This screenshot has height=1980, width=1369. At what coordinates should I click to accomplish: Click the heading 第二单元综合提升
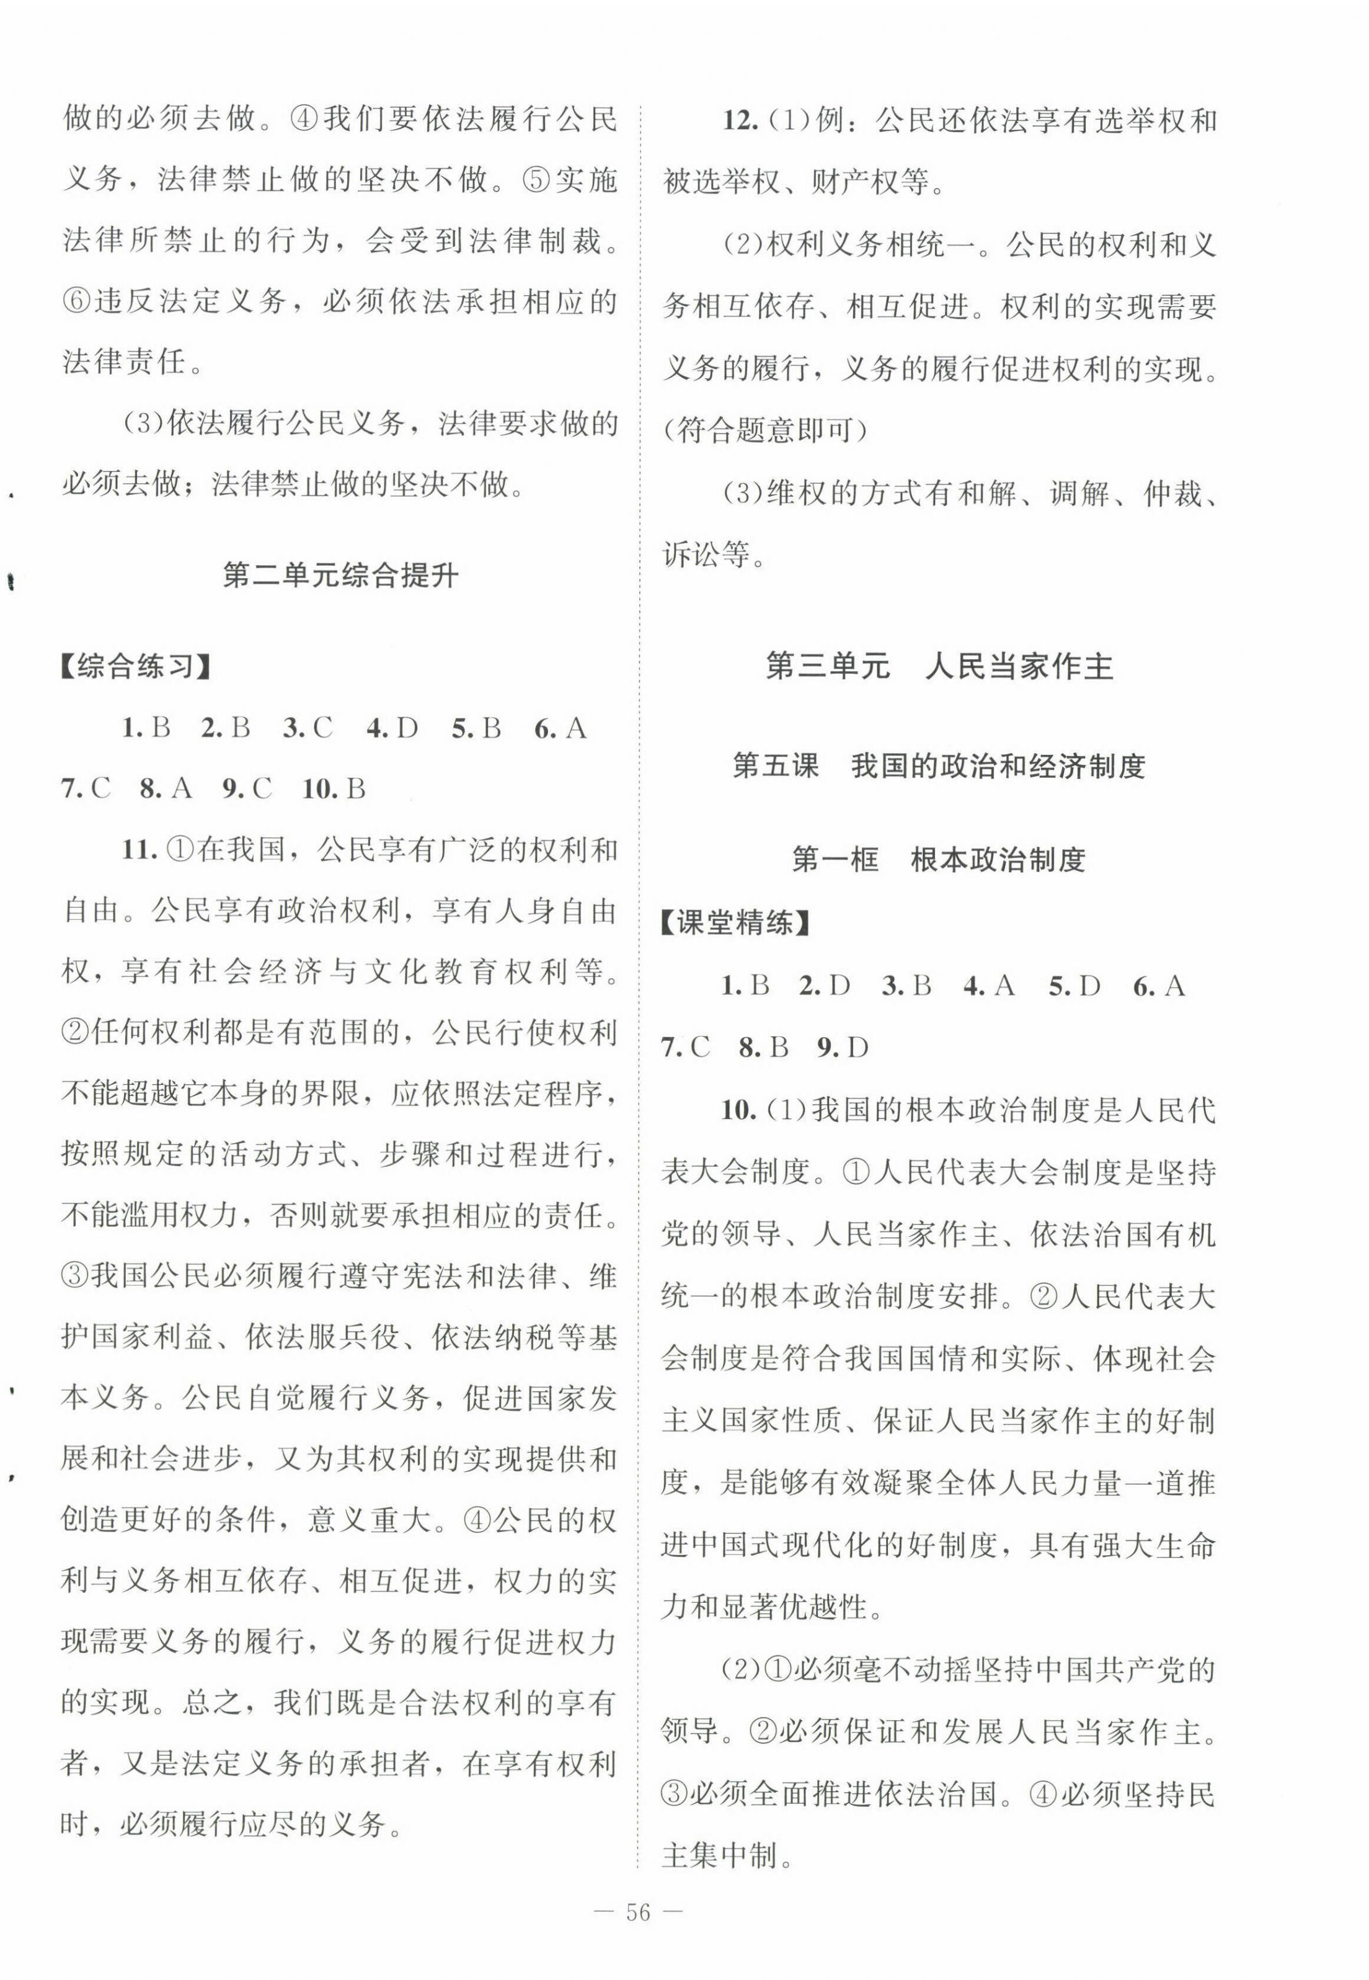340,575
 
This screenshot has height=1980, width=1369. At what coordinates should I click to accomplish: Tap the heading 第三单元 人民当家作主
939,667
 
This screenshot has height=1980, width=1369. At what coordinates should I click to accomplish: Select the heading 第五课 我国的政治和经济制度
939,767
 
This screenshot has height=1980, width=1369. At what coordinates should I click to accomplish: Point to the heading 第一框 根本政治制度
939,859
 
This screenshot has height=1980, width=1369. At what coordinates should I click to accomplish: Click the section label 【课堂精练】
735,924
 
